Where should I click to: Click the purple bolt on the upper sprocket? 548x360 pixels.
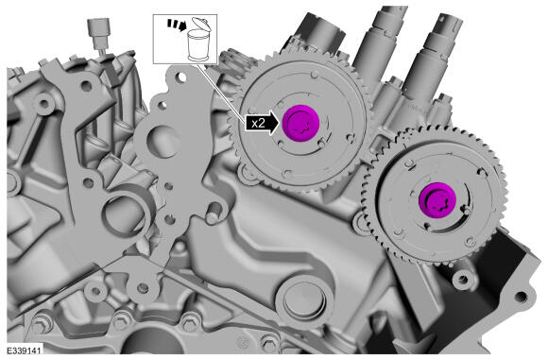pos(300,123)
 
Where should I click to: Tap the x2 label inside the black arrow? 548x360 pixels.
pos(259,123)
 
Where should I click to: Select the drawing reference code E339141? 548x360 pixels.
pos(24,351)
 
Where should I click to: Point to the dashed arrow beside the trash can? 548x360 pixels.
pos(177,25)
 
